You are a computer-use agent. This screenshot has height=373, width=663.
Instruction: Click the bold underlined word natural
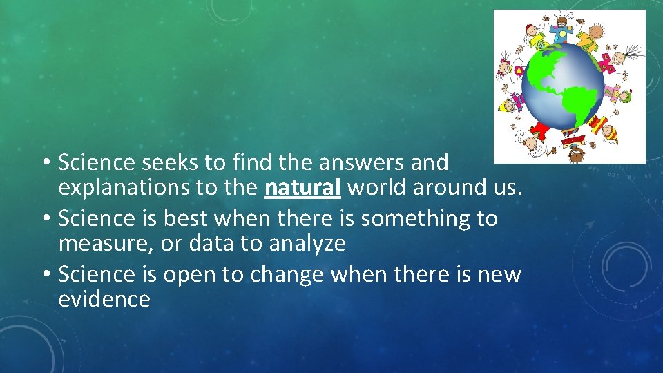[302, 187]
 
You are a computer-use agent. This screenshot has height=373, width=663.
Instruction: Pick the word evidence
[104, 299]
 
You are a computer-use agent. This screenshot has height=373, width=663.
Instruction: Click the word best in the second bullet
[186, 218]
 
